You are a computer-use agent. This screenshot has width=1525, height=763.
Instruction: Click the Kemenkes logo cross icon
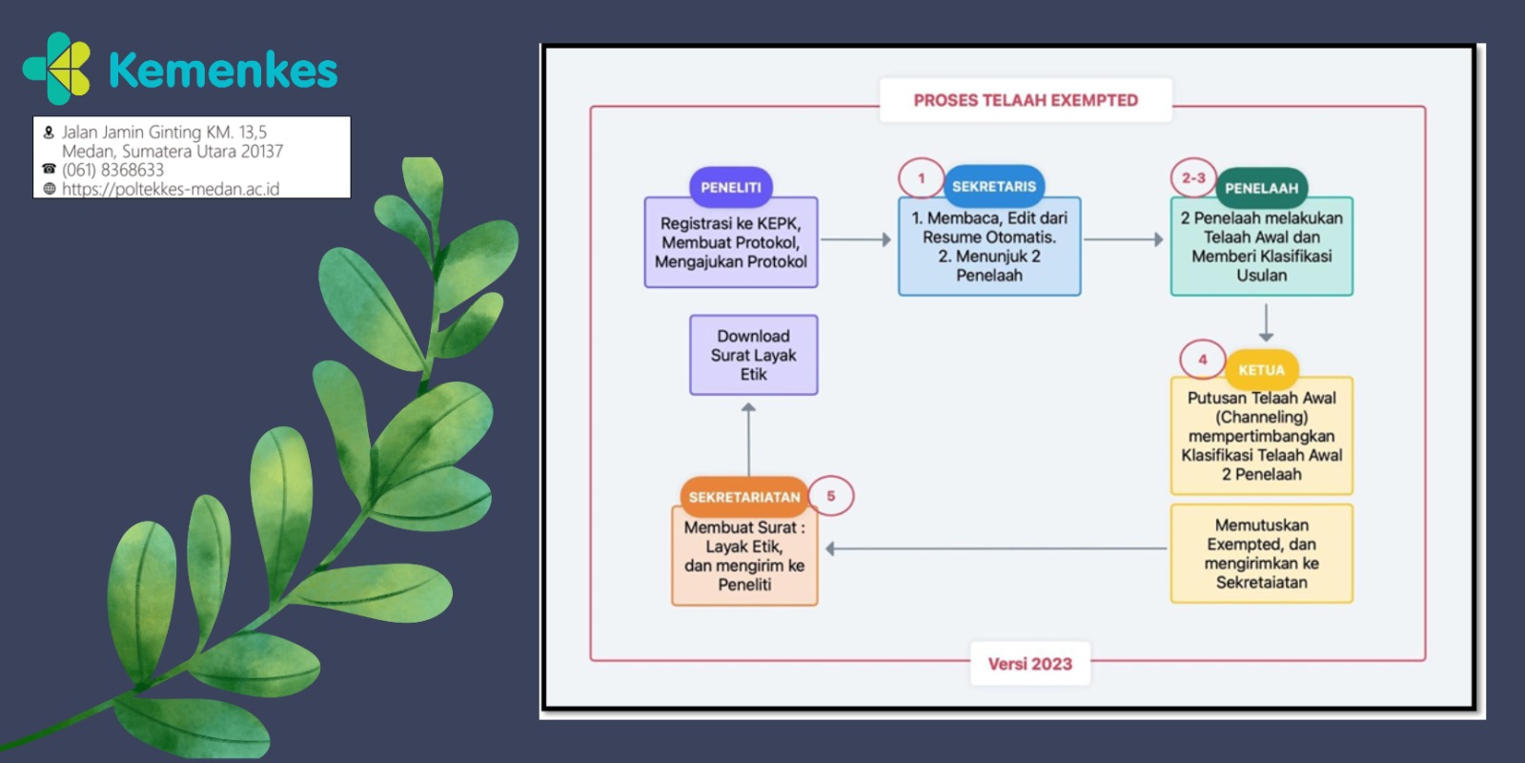click(x=57, y=68)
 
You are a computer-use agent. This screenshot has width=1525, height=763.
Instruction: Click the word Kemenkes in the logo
click(x=223, y=71)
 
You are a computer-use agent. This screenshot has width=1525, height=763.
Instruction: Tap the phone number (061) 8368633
click(x=113, y=170)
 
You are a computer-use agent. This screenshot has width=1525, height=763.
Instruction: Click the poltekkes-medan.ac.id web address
click(x=171, y=189)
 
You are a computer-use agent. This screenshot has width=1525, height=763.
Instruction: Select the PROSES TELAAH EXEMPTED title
click(x=1026, y=100)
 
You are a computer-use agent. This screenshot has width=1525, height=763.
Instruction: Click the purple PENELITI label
click(x=730, y=187)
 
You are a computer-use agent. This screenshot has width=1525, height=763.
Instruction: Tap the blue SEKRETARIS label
click(x=994, y=187)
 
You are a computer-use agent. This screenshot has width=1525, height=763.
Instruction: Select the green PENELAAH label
click(x=1262, y=188)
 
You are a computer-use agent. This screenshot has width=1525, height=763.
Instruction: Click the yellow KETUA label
click(x=1262, y=370)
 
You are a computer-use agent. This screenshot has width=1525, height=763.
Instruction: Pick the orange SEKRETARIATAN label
click(x=744, y=497)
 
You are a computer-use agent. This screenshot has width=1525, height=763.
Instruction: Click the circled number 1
click(x=921, y=178)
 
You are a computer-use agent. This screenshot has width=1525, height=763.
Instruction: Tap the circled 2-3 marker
click(x=1193, y=177)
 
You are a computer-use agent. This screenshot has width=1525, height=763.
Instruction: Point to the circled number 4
click(x=1202, y=360)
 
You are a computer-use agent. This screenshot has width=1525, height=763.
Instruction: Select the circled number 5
click(x=830, y=496)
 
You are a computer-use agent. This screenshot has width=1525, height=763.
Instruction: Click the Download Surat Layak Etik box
click(x=754, y=355)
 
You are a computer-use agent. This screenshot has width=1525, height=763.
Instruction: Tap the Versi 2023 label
click(x=1030, y=664)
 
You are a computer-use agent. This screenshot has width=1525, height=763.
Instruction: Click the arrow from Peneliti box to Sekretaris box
click(x=856, y=239)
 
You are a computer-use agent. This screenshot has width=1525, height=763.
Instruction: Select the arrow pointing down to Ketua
click(x=1266, y=322)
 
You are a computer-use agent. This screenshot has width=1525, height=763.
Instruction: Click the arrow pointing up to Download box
click(x=749, y=440)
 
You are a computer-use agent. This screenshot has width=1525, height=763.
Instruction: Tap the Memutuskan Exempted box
click(x=1262, y=554)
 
